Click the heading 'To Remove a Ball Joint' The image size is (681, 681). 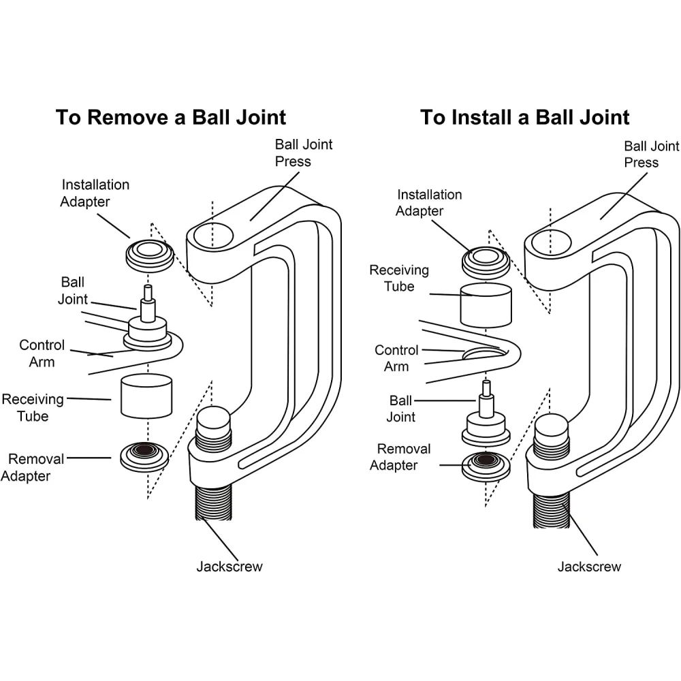tap(171, 116)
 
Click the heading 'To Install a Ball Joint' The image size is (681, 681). tap(524, 116)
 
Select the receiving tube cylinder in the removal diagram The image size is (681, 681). tap(146, 396)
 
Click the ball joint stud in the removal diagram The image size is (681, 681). tap(146, 303)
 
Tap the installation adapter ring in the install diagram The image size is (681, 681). tap(485, 259)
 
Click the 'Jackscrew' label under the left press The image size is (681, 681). tap(229, 567)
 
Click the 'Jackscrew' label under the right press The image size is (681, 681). tap(589, 567)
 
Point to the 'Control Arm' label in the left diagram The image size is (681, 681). tap(42, 353)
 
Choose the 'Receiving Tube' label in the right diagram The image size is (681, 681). tap(399, 279)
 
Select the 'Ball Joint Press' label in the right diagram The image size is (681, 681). tap(651, 154)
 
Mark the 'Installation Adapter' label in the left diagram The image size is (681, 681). tap(95, 193)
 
